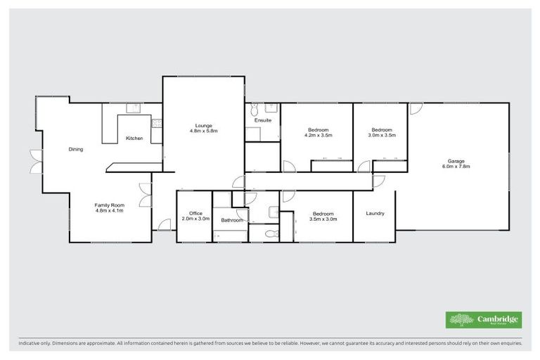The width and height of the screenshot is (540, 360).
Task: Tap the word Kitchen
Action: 134,138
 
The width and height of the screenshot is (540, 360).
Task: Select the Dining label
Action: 76,149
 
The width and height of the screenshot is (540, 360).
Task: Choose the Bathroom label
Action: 231,221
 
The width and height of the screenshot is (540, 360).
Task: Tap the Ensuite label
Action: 263,120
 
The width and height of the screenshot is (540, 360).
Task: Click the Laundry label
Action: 375,213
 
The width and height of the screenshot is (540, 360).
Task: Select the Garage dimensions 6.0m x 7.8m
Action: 456,167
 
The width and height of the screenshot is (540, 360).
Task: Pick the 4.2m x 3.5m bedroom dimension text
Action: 319,135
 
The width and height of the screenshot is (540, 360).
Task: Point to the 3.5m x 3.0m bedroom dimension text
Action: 323,219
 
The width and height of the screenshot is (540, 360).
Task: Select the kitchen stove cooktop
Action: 157,124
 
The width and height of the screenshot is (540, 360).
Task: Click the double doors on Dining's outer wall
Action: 32,162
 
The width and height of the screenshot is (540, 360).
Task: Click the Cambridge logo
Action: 484,320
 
